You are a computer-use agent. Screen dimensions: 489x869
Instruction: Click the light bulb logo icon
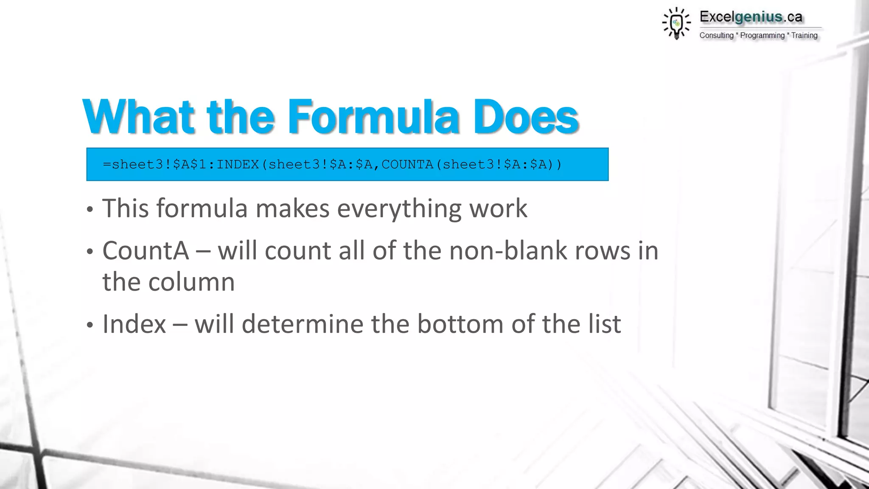(x=676, y=23)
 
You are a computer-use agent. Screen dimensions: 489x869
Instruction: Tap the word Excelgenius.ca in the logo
(x=751, y=17)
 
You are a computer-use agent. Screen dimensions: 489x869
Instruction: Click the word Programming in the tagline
(x=762, y=36)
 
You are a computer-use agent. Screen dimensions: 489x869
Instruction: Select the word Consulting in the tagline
(x=716, y=36)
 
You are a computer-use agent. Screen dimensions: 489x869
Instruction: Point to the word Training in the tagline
(x=804, y=36)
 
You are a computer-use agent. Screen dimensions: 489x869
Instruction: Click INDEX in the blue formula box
(x=238, y=164)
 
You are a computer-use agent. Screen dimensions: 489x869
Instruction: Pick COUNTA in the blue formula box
(x=407, y=164)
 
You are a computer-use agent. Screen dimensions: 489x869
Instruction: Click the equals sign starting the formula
(x=107, y=164)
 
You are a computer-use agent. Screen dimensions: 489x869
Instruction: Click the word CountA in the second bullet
(x=146, y=250)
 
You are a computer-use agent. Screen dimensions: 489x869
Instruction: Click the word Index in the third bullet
(x=134, y=324)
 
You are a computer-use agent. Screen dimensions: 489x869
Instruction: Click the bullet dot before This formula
(x=89, y=210)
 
